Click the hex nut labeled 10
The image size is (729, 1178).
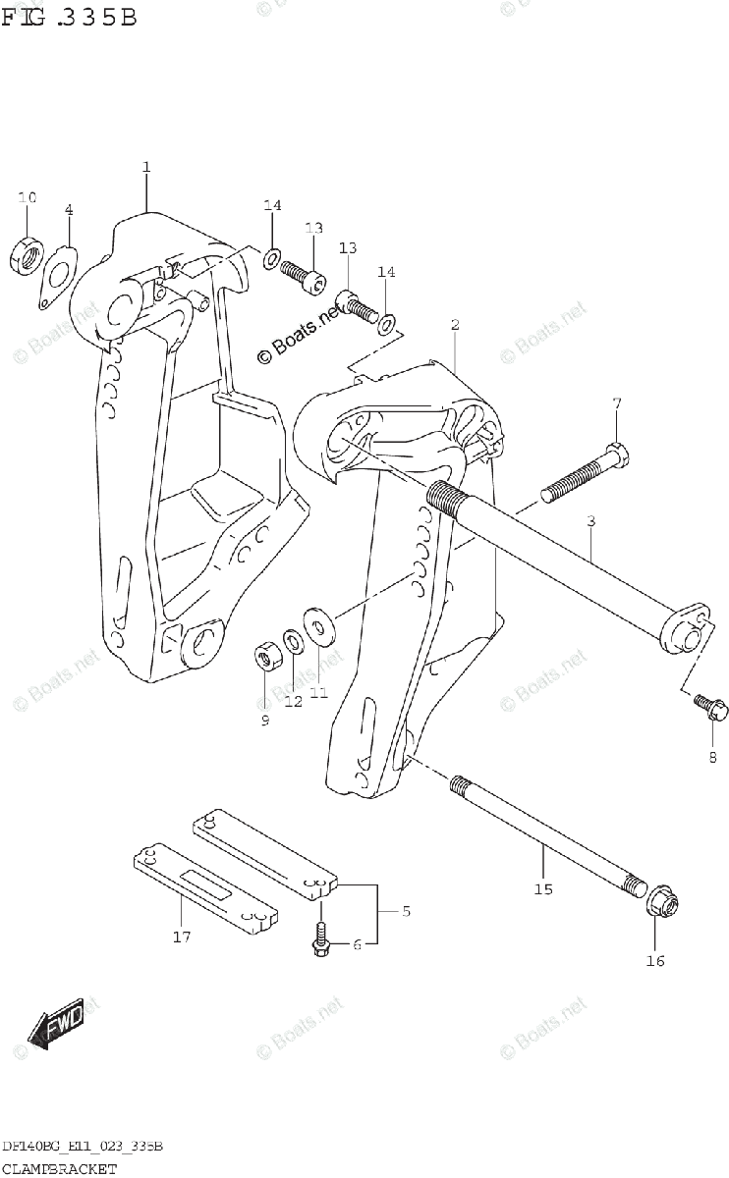pyautogui.click(x=28, y=254)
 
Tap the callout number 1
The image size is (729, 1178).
pyautogui.click(x=145, y=167)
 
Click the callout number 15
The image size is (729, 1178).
pyautogui.click(x=543, y=889)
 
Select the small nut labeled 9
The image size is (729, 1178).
pyautogui.click(x=265, y=654)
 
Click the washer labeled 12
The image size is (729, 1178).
pyautogui.click(x=293, y=643)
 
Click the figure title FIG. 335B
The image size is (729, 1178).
pyautogui.click(x=69, y=17)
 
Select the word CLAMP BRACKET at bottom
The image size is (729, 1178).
pyautogui.click(x=59, y=1168)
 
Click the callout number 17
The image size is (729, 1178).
pyautogui.click(x=181, y=937)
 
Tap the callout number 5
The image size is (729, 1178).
pyautogui.click(x=405, y=911)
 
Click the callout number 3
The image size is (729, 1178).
pyautogui.click(x=590, y=521)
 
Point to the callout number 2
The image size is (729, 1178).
pyautogui.click(x=455, y=324)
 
